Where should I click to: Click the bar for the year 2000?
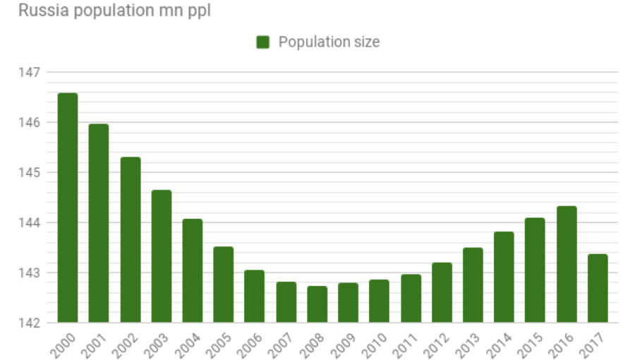point(68,208)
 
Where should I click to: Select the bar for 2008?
point(317,304)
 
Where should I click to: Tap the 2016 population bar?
point(567,264)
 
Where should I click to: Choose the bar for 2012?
point(442,292)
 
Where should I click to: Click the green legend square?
point(263,42)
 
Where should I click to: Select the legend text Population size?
point(329,42)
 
